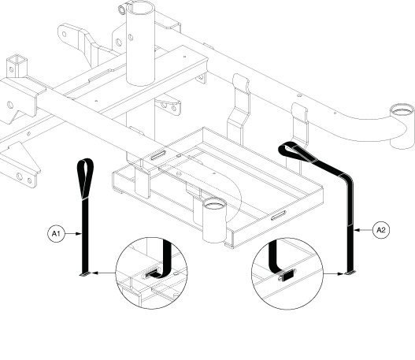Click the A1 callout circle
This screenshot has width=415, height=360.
(56, 234)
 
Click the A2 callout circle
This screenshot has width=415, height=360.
(381, 230)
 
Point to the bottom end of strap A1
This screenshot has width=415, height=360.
(86, 274)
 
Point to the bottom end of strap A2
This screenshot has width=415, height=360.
(350, 273)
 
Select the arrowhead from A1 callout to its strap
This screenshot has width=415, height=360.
(79, 234)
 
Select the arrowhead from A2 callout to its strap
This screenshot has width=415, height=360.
(357, 230)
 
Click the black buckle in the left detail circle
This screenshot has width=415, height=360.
(153, 274)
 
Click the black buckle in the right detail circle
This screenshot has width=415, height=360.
(287, 276)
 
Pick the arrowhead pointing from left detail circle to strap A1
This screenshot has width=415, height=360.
(95, 273)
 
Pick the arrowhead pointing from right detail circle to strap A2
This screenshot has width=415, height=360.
(341, 273)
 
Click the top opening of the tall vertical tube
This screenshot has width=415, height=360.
(140, 7)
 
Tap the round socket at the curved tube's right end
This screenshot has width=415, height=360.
(402, 109)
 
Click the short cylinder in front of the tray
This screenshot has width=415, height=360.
(214, 220)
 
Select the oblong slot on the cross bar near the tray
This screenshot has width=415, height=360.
(158, 155)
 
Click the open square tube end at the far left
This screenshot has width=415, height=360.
(17, 60)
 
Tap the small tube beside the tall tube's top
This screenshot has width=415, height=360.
(122, 9)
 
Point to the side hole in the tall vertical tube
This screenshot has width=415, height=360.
(131, 37)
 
